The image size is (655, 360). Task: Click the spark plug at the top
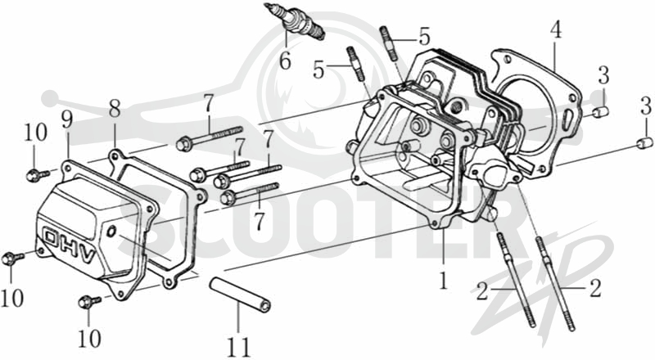pyautogui.click(x=295, y=22)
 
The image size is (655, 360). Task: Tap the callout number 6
pyautogui.click(x=285, y=61)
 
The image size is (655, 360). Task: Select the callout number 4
pyautogui.click(x=556, y=30)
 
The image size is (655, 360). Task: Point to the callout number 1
pyautogui.click(x=443, y=281)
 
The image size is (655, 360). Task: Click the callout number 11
pyautogui.click(x=238, y=347)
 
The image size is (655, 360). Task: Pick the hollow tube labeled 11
pyautogui.click(x=240, y=295)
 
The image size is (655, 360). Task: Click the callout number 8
pyautogui.click(x=115, y=109)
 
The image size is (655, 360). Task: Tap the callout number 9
pyautogui.click(x=67, y=119)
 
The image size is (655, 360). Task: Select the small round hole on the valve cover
pyautogui.click(x=111, y=231)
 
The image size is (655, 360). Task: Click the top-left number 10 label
pyautogui.click(x=35, y=133)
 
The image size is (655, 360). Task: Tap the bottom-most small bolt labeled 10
pyautogui.click(x=89, y=302)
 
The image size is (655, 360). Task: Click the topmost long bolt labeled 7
pyautogui.click(x=210, y=136)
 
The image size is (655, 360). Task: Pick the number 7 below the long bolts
pyautogui.click(x=260, y=221)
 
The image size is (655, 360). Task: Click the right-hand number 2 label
pyautogui.click(x=595, y=288)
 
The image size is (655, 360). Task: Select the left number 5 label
pyautogui.click(x=318, y=70)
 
